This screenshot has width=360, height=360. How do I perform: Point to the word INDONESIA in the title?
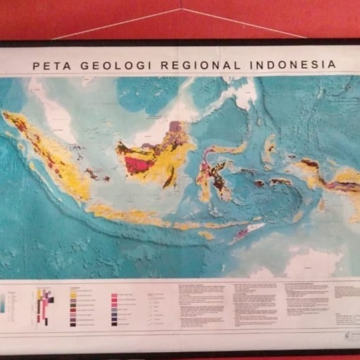(x=293, y=65)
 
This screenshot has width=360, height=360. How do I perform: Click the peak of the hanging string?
(x=181, y=9)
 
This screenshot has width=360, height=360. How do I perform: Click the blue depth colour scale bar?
(x=3, y=304)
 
